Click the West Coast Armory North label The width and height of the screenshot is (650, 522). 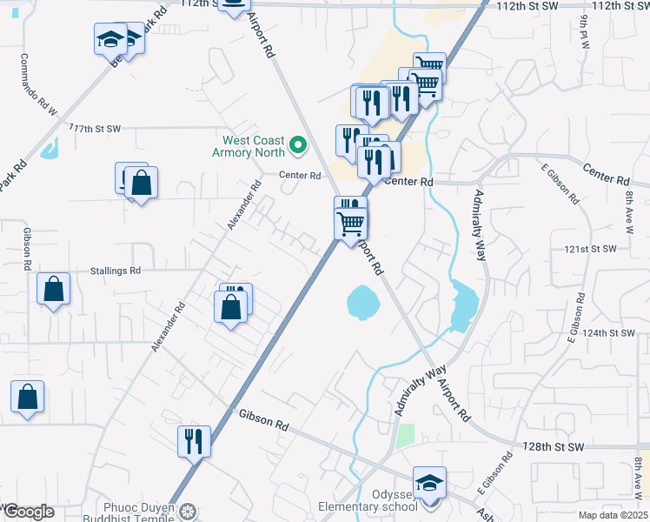point(255,145)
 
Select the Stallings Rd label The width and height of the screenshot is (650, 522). point(116,271)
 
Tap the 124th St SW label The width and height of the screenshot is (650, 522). point(612,333)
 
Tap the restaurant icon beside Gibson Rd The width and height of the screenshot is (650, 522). point(193,441)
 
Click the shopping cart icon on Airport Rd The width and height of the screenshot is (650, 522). point(351,223)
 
